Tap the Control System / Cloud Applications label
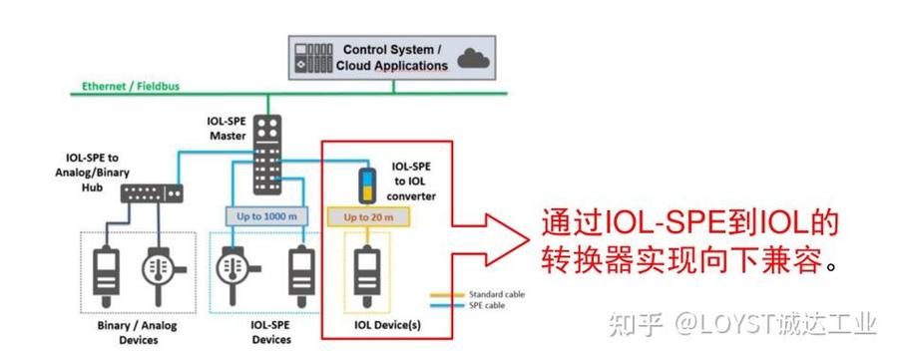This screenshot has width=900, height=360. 394,57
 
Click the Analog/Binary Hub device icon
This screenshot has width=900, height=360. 153,191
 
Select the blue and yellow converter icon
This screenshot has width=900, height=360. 366,185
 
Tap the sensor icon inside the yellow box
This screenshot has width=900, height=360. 365,269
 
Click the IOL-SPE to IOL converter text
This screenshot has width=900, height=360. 410,180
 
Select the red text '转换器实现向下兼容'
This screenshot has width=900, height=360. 682,262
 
